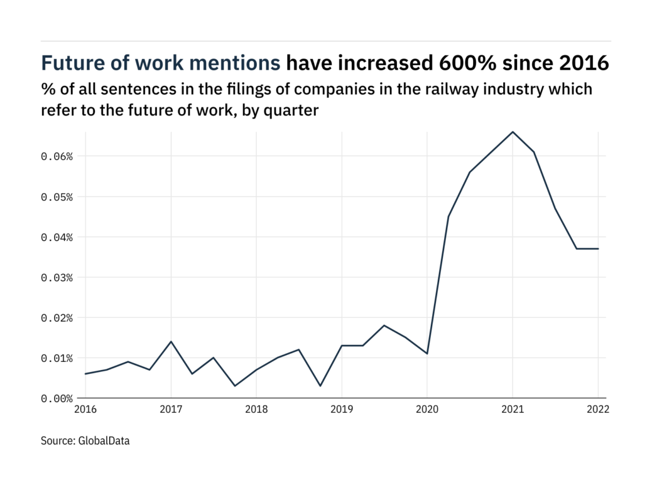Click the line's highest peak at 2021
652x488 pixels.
tap(513, 132)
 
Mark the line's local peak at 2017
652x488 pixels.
tap(171, 341)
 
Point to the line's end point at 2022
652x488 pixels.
tap(598, 248)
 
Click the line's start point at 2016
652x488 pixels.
tap(85, 374)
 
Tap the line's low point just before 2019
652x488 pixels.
tap(320, 386)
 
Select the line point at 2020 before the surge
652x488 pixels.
tap(427, 354)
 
